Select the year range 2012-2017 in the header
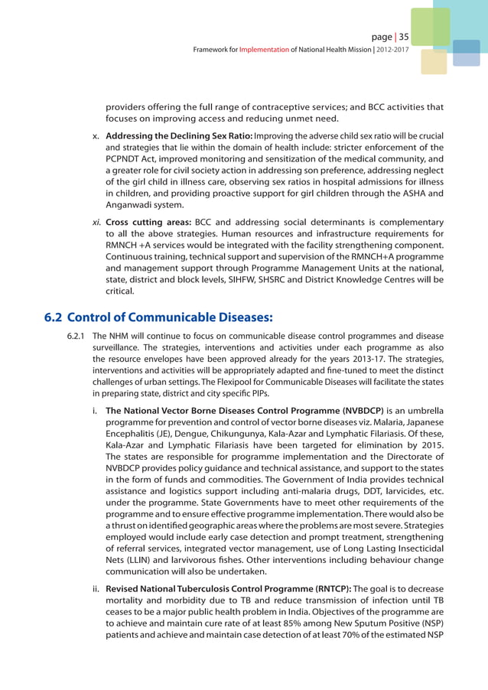[390, 50]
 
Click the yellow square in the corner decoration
[434, 62]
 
